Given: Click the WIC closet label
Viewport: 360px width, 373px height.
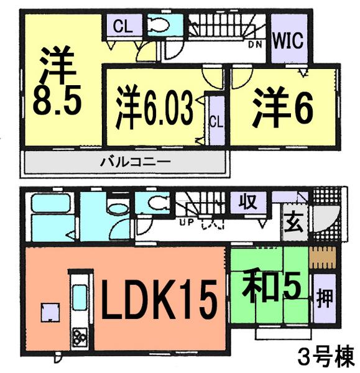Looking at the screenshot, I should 287,42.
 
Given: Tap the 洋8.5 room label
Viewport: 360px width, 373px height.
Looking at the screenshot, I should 57,83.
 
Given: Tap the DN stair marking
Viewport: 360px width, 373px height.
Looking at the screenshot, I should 254,44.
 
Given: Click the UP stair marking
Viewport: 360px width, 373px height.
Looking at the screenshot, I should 185,221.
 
